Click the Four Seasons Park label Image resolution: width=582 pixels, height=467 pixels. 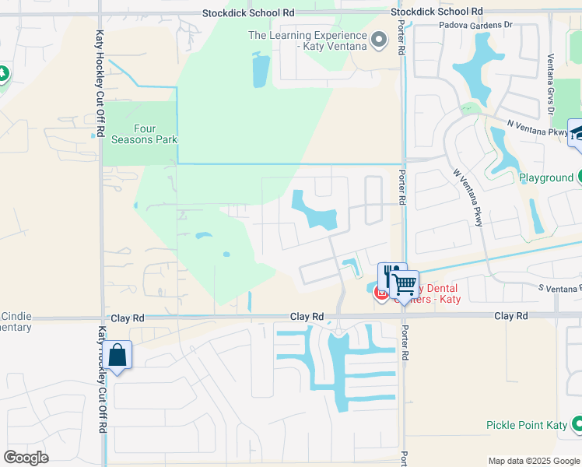[x=140, y=134]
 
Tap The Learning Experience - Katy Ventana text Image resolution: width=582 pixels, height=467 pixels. [x=307, y=41]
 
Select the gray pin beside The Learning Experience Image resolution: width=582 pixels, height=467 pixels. [x=379, y=40]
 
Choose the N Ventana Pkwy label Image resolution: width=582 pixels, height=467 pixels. [x=537, y=128]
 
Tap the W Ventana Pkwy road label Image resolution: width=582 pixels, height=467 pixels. [x=468, y=198]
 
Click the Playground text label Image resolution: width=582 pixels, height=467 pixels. [x=545, y=177]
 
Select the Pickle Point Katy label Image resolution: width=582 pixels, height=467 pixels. [x=526, y=425]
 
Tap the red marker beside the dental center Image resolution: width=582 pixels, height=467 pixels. [x=381, y=293]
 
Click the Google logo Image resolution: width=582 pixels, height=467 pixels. [x=26, y=458]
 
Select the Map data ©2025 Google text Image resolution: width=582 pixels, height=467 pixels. [x=534, y=461]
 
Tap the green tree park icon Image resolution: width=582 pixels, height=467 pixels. [x=2, y=73]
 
